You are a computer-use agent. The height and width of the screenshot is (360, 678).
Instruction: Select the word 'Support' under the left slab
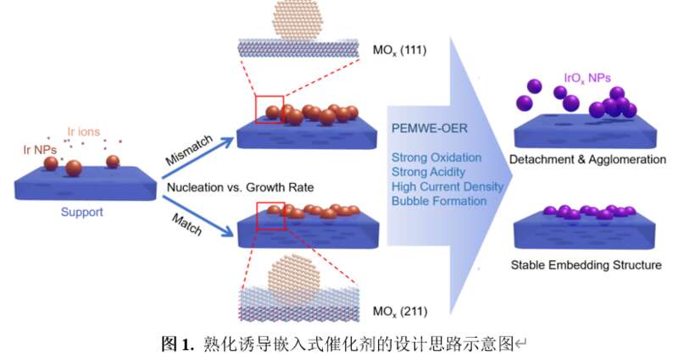click(81, 212)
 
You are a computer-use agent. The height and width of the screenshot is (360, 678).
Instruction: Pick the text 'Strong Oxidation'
click(436, 158)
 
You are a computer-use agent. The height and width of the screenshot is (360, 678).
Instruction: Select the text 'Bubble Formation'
click(438, 201)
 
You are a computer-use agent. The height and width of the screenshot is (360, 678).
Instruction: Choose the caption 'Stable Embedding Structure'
click(586, 265)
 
